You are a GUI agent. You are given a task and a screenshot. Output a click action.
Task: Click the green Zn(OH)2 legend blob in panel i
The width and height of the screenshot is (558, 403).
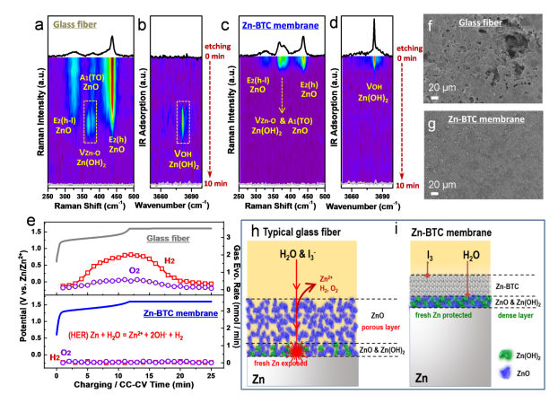pos(501,348)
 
